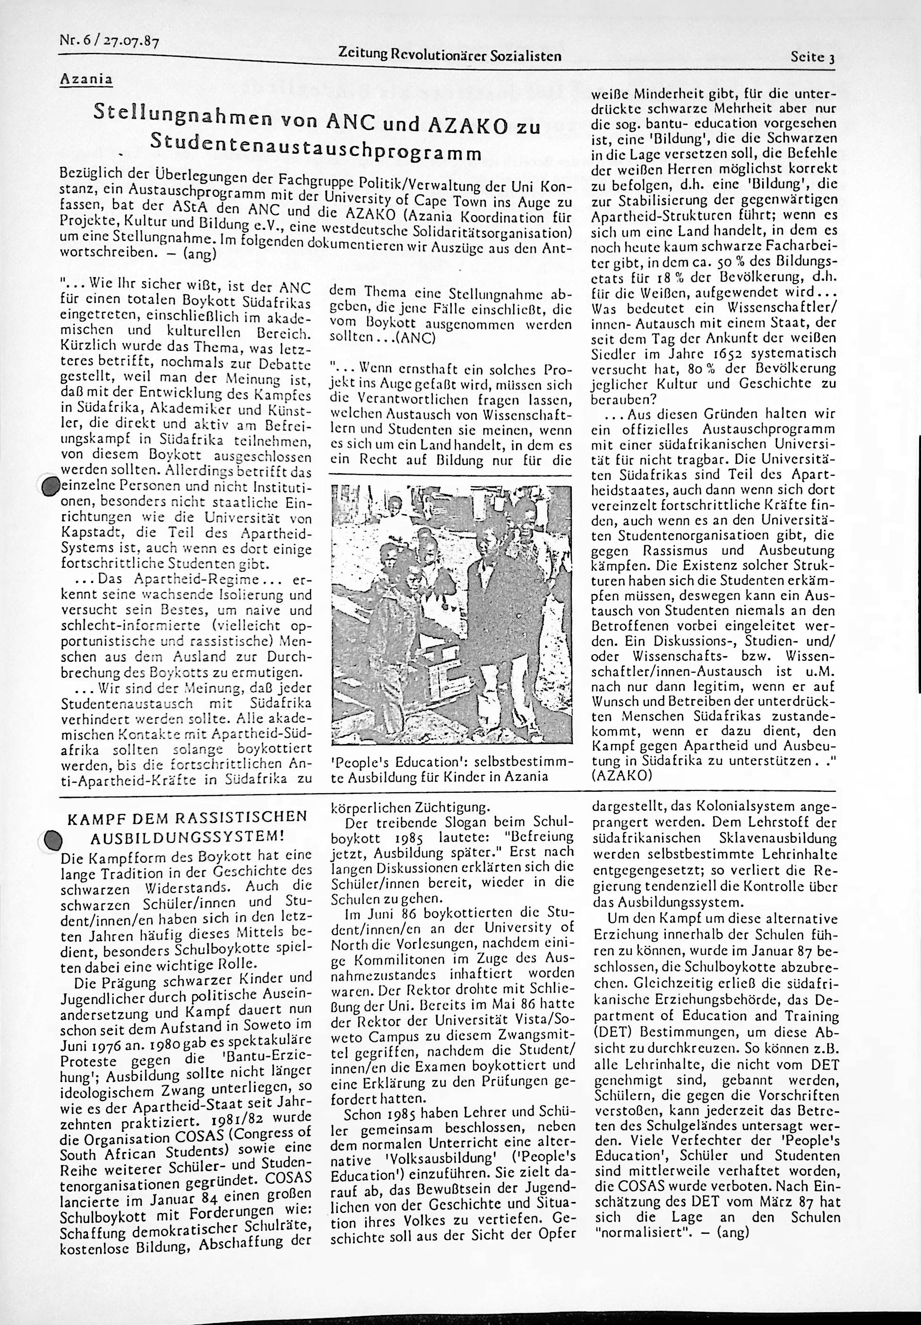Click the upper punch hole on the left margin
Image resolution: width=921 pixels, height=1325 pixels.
(51, 486)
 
